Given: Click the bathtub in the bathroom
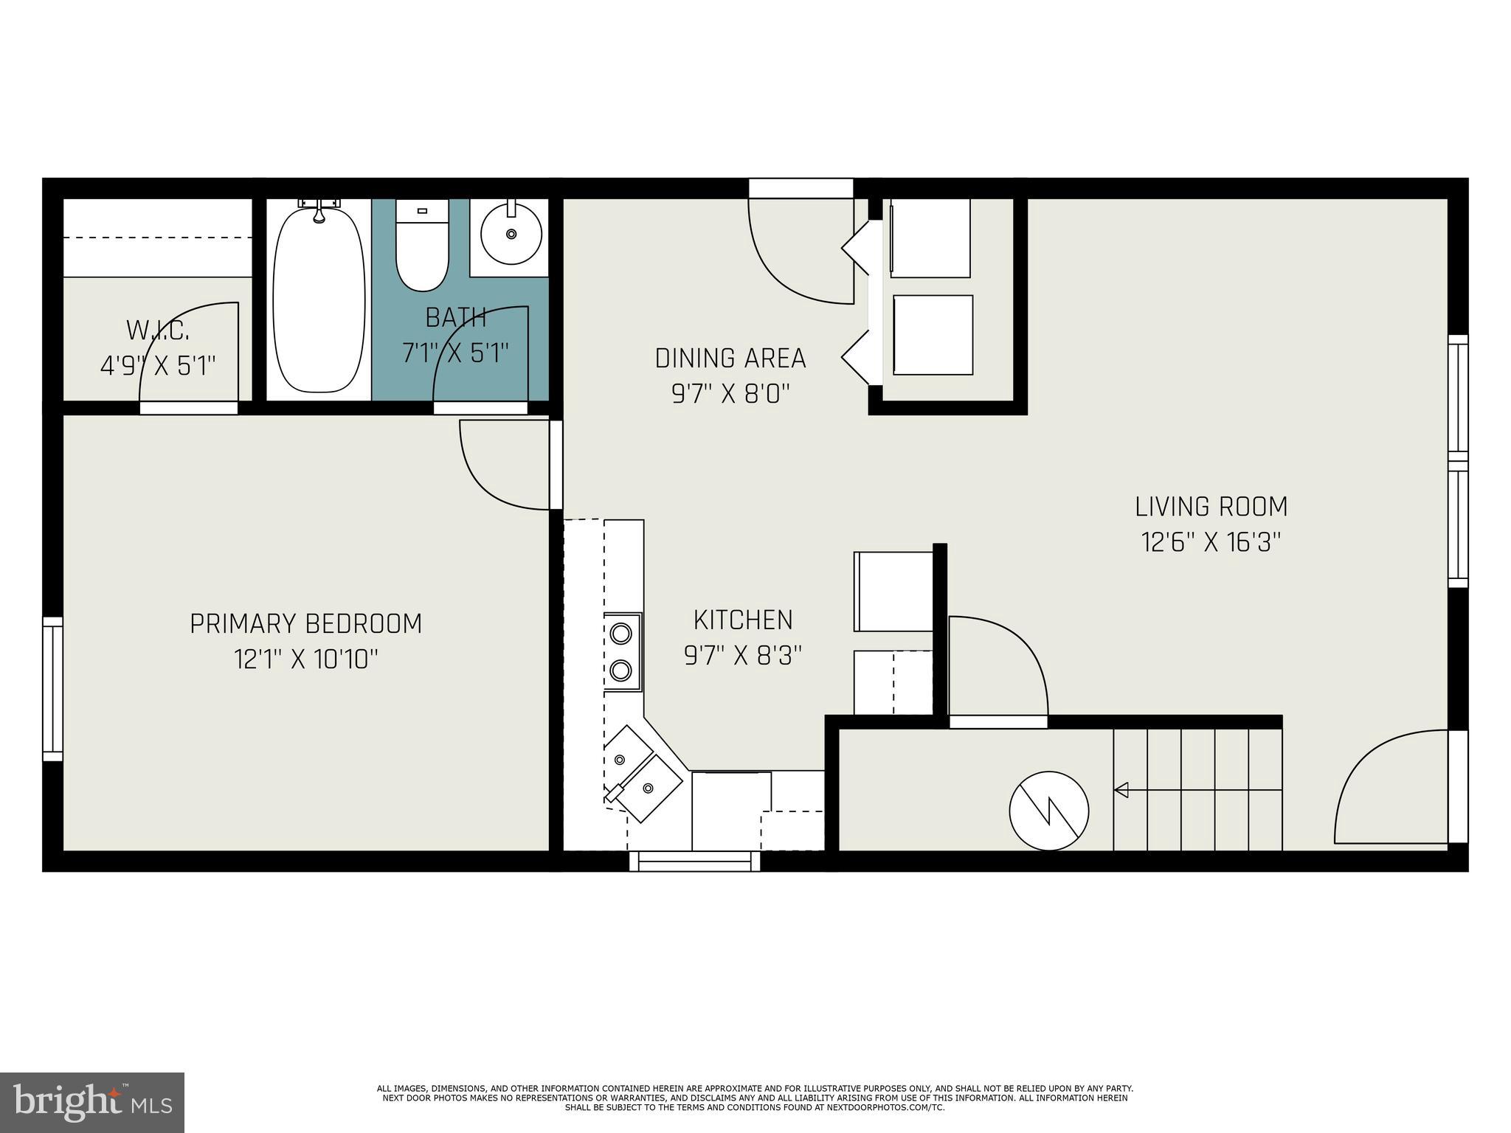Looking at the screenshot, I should (x=319, y=301).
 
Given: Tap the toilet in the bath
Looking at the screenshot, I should (x=422, y=247).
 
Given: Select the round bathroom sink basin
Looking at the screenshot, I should (x=511, y=234).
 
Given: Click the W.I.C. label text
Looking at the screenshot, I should (x=158, y=330).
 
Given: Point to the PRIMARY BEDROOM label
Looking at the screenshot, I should (x=306, y=624).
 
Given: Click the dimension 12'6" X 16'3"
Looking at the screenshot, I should (x=1211, y=543).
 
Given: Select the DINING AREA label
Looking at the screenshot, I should (x=730, y=358).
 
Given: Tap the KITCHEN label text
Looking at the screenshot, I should (x=743, y=620).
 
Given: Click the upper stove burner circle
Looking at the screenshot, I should (x=621, y=633).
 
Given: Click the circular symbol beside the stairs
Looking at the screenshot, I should (x=1048, y=811).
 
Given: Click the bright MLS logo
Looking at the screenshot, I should (x=92, y=1102).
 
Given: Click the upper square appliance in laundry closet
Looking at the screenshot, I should (x=930, y=238).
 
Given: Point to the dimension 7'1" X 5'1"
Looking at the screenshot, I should (x=456, y=353).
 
